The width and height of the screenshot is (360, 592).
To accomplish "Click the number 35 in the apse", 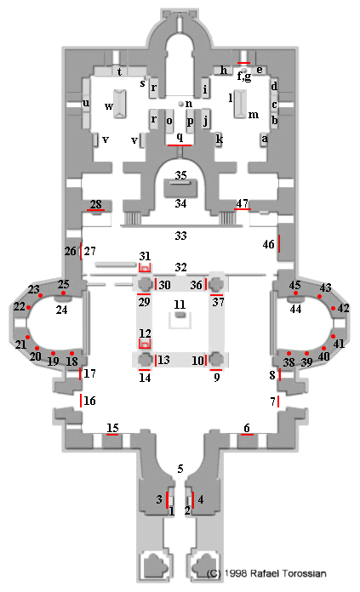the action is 180,175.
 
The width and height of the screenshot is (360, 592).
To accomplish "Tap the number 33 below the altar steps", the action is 180,236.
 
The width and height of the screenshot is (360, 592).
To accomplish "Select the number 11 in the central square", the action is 180,305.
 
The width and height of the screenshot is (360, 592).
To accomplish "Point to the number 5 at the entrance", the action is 180,469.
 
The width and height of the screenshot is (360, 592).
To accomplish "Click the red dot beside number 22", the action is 28,307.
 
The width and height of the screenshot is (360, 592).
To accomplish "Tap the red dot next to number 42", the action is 333,308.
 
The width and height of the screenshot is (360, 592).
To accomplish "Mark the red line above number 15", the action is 112,434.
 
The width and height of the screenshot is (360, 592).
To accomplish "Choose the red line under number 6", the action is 247,434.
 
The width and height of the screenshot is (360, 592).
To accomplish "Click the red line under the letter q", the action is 180,145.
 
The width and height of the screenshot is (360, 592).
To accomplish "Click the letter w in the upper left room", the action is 109,106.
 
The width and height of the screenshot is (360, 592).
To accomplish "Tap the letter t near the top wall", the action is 119,71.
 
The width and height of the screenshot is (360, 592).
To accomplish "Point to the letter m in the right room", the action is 254,115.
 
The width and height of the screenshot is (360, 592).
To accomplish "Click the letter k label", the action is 219,139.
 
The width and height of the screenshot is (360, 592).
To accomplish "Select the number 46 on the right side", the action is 269,244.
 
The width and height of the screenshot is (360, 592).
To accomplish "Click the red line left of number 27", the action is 81,251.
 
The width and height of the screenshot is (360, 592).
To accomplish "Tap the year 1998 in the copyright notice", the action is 236,573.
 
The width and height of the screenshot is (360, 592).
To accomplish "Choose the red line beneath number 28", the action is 95,210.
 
